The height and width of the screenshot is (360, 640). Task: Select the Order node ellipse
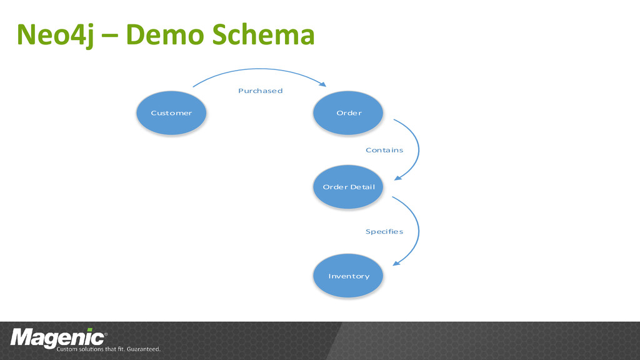pyautogui.click(x=349, y=113)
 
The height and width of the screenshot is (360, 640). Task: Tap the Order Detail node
pyautogui.click(x=348, y=187)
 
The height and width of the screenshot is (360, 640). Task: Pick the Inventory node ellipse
pyautogui.click(x=349, y=276)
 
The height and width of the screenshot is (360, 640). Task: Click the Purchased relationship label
pyautogui.click(x=260, y=91)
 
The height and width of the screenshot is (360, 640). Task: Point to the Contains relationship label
pyautogui.click(x=384, y=150)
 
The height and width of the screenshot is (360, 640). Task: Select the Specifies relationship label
pyautogui.click(x=384, y=231)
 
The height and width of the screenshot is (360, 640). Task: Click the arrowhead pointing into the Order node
pyautogui.click(x=323, y=85)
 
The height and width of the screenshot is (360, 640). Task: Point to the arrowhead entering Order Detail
pyautogui.click(x=396, y=177)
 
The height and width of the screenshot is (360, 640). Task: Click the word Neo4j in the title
pyautogui.click(x=56, y=36)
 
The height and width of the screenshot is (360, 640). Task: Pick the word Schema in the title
pyautogui.click(x=262, y=36)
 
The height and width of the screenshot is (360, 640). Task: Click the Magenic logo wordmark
pyautogui.click(x=56, y=337)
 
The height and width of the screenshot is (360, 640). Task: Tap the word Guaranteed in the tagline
pyautogui.click(x=145, y=349)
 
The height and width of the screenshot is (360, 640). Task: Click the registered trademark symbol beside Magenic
pyautogui.click(x=105, y=334)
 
